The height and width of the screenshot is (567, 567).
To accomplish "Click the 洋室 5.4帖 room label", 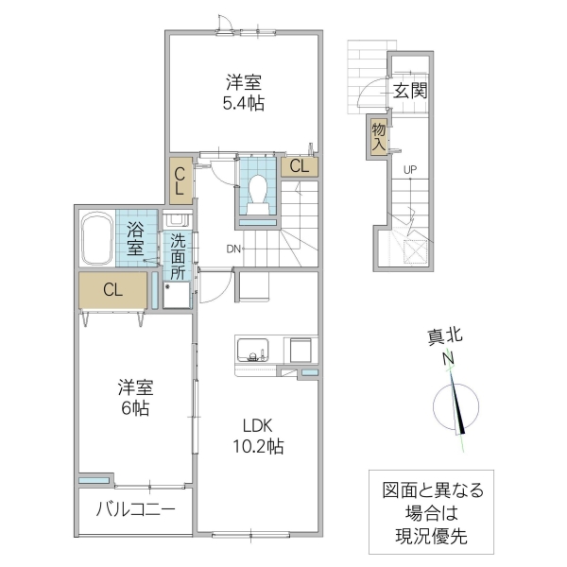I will pos(244,92).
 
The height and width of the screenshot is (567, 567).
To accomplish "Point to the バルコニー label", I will pos(135,511).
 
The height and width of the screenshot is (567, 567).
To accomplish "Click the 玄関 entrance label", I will pos(410,91).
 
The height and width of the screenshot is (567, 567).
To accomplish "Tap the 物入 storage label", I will pos(378,135).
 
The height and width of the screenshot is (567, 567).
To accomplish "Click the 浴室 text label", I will pos(135,241).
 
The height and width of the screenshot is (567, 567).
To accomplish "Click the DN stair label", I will pos(233,249).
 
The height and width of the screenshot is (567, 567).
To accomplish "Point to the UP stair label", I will pos(410,170).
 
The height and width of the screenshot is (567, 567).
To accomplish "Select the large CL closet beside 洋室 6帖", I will pos(112,291).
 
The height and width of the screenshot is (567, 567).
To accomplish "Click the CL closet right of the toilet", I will pos(299,166).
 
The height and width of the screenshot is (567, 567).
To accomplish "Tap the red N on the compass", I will pos(451,357).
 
